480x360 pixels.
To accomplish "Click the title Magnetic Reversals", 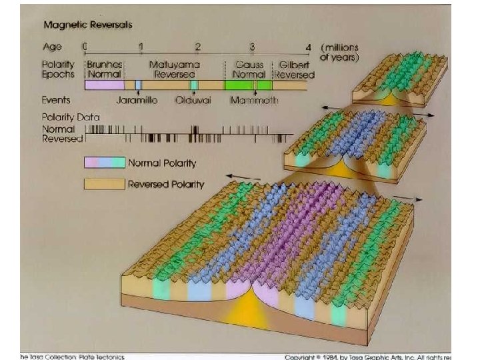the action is (x=87, y=25).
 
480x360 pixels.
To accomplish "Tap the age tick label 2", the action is (x=197, y=47).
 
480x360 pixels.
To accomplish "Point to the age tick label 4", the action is (x=307, y=47).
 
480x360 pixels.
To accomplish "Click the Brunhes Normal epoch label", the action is (x=104, y=70).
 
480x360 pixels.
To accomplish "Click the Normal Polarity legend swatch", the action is (x=104, y=163).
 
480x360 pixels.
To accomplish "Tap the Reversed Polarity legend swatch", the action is (x=104, y=183).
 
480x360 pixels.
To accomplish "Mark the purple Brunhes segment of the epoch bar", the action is (x=104, y=85).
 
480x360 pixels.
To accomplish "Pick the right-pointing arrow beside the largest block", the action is (x=407, y=198).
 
